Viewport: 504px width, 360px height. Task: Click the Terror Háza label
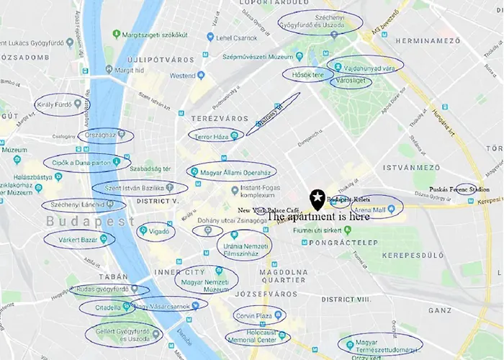click(211, 135)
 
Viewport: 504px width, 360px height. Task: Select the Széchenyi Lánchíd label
click(78, 204)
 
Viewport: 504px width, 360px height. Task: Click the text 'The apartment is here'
click(318, 216)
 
